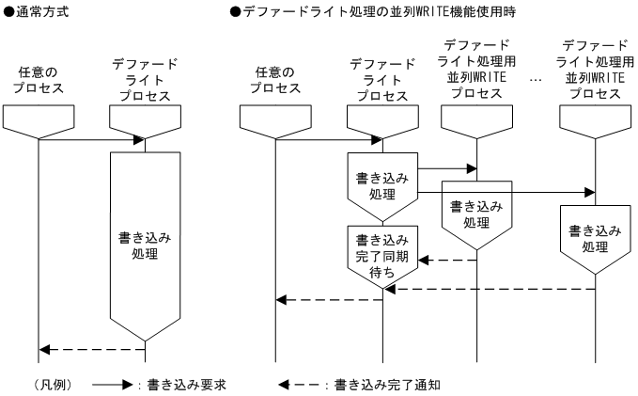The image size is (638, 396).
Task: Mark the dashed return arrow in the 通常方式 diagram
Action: (91, 349)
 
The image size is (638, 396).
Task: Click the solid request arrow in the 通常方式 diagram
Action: (91, 141)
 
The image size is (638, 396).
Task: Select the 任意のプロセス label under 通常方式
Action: (39, 80)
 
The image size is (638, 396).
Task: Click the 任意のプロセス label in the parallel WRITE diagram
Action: (275, 80)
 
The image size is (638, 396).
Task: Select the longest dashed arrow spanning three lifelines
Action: (489, 290)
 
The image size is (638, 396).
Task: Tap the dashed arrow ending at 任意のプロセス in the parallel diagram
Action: (329, 300)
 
